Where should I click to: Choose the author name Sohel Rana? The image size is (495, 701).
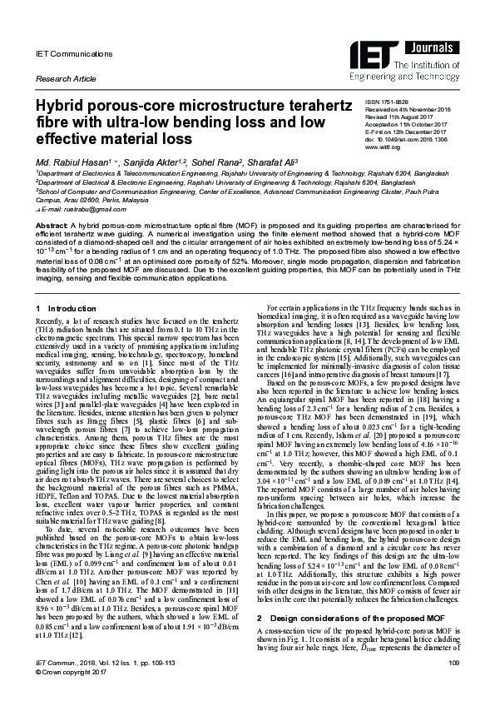(226, 158)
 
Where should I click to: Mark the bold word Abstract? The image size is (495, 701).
(50, 226)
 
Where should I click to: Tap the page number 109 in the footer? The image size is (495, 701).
(453, 684)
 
